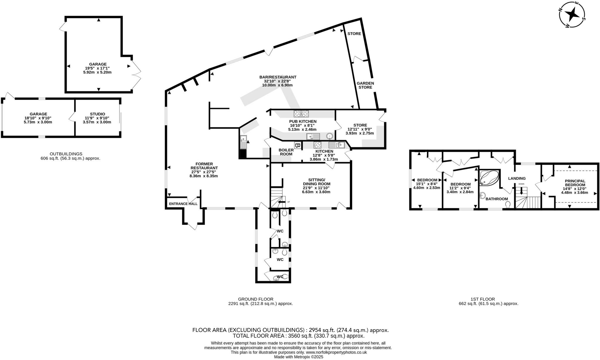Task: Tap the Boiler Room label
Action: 286,152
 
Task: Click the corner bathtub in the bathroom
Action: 489,178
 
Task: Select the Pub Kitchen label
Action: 303,121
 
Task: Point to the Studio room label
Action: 97,114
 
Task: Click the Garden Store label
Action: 365,85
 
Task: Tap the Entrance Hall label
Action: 183,204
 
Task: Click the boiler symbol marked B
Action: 297,145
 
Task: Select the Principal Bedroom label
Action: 575,183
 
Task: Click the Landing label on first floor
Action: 517,178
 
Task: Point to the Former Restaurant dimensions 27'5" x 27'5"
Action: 204,172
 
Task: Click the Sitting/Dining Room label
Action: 316,182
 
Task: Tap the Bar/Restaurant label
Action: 278,77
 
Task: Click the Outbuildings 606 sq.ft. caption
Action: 70,156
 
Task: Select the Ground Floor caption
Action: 255,299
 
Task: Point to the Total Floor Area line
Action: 298,336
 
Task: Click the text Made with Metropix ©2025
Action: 298,357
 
